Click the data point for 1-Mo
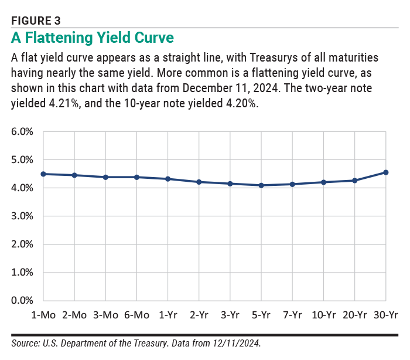point(43,174)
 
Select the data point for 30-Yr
point(385,172)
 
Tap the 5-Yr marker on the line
point(261,185)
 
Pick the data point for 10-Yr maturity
point(323,182)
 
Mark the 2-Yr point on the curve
point(199,182)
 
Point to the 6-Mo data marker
point(136,177)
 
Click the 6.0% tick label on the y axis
point(22,132)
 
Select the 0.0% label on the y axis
point(22,301)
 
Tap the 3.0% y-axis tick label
point(22,216)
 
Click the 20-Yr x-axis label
point(354,315)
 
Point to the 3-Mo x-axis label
point(105,315)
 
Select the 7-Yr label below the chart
point(292,315)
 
